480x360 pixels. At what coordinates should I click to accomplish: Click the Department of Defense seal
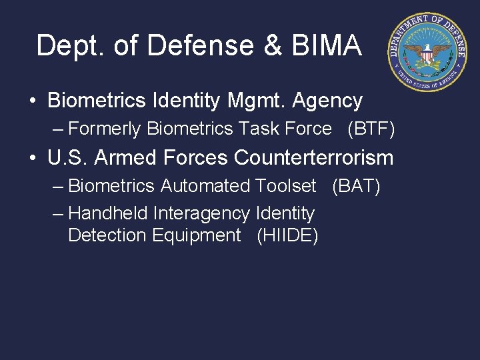tap(427, 52)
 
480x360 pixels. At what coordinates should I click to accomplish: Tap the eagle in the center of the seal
tap(427, 53)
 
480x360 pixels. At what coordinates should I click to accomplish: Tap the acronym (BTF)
tap(371, 129)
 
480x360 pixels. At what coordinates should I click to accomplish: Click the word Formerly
tap(105, 129)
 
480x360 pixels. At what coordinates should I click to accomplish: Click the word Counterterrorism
tap(314, 158)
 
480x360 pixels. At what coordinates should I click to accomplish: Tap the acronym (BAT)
tap(356, 186)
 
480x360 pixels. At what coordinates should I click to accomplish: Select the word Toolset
tap(285, 186)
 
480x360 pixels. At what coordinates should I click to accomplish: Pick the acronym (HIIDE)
tap(287, 235)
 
